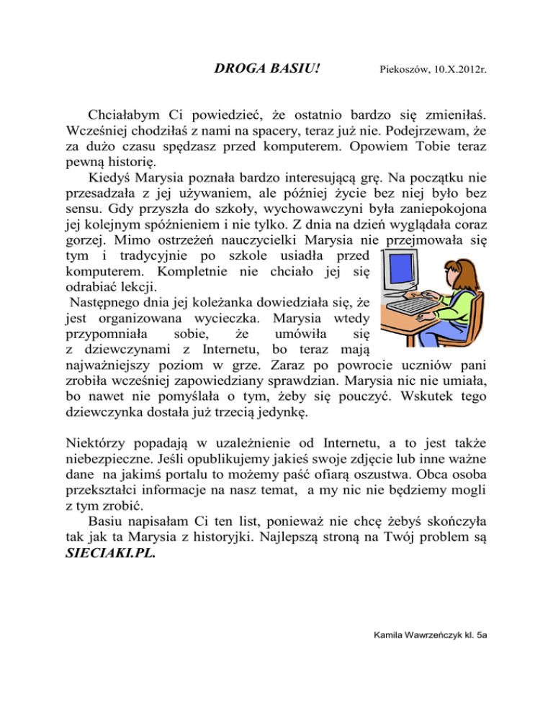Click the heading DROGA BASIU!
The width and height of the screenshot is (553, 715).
(267, 69)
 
